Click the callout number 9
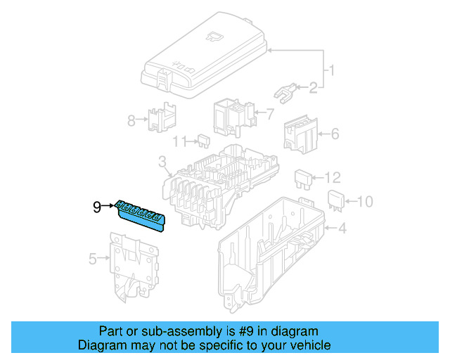coord(97,207)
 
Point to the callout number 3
coord(162,163)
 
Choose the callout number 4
coord(342,228)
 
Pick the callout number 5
coord(93,259)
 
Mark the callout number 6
coord(335,132)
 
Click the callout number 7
coord(269,112)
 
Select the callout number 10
coord(363,202)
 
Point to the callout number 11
coord(180,141)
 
